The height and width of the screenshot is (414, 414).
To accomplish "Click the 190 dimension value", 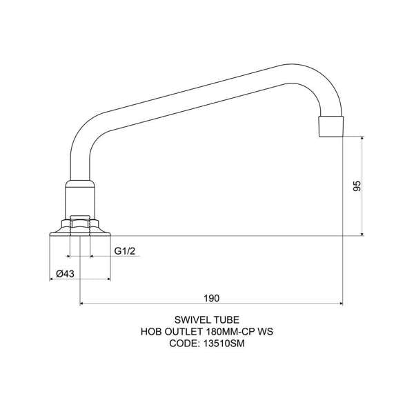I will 211,298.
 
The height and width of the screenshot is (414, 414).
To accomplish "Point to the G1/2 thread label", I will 124,250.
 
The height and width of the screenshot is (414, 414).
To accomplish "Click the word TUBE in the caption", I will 228,319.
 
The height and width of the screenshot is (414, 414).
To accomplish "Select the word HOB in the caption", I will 152,331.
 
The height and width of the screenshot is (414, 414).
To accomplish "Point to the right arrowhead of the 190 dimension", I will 340,303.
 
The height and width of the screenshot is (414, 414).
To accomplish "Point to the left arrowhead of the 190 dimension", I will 83,303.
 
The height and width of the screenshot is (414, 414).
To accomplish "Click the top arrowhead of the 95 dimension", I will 362,138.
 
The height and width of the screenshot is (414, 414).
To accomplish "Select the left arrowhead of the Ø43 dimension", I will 52,279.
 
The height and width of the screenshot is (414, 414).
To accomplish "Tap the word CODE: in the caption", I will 183,343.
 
